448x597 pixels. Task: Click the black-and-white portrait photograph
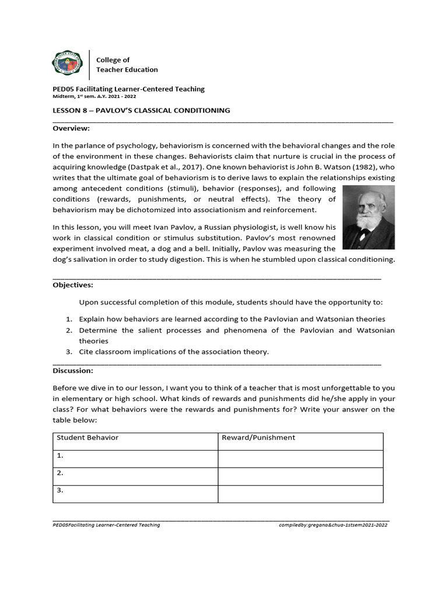[368, 217]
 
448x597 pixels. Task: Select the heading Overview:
[71, 128]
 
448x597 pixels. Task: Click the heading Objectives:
[72, 285]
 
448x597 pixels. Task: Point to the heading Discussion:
[73, 370]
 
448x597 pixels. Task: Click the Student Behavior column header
[87, 438]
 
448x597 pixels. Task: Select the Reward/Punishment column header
[258, 438]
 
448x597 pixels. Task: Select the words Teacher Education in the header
[127, 69]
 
